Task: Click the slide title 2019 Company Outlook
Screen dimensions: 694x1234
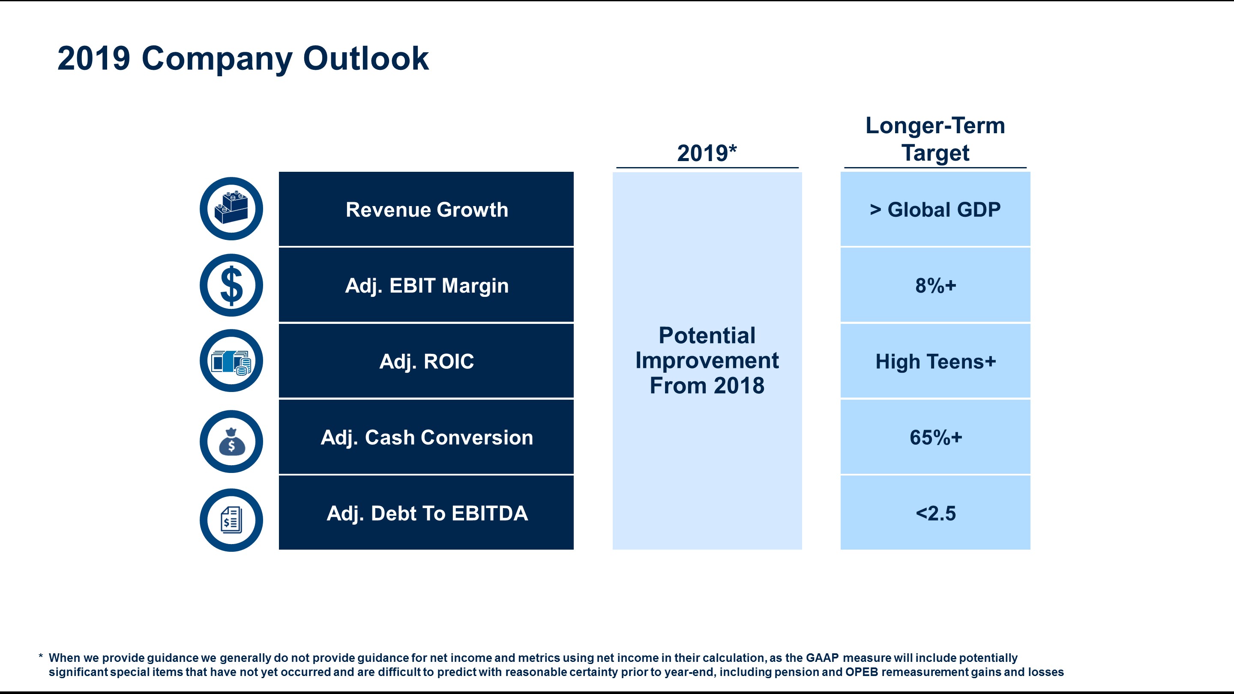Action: click(243, 58)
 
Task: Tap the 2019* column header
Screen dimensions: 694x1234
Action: click(707, 153)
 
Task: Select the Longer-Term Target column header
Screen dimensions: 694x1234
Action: click(935, 139)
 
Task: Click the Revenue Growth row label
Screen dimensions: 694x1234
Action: click(426, 210)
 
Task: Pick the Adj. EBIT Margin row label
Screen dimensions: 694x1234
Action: click(426, 285)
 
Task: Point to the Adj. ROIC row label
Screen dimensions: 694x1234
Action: click(426, 362)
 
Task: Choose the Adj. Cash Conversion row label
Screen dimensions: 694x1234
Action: click(426, 437)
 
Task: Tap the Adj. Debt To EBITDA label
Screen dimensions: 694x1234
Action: click(426, 513)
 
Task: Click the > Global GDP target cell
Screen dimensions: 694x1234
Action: click(935, 210)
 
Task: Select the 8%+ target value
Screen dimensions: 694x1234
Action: click(935, 285)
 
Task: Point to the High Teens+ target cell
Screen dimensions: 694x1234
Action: click(935, 362)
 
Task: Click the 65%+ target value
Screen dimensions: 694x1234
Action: click(935, 437)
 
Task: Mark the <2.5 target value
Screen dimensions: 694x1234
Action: click(935, 513)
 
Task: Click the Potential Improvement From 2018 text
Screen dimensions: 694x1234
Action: click(707, 360)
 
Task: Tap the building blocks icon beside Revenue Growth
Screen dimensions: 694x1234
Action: click(231, 208)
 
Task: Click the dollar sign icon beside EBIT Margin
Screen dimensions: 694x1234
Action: click(231, 285)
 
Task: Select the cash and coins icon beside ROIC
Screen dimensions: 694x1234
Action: click(231, 361)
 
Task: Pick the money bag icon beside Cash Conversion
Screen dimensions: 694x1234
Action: click(231, 442)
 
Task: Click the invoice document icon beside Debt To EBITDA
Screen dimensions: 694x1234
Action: click(231, 520)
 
